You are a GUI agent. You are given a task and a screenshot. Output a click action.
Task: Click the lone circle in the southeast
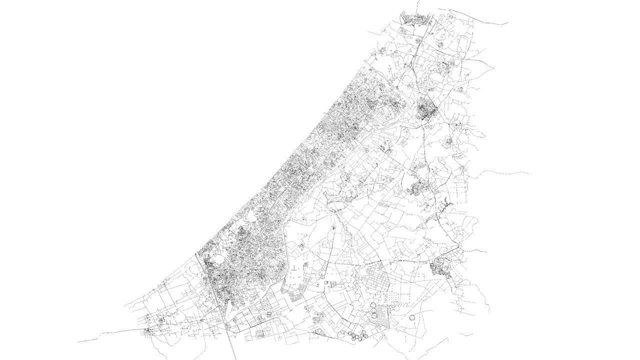[412, 317]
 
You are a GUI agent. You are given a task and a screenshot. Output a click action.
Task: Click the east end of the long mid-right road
[528, 173]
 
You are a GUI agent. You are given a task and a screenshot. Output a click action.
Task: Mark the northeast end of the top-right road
[507, 23]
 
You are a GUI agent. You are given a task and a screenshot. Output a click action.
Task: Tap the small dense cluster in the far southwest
[148, 330]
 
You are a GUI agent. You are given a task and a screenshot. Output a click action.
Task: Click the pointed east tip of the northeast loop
[484, 135]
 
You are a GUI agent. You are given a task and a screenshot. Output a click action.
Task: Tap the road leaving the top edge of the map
[417, 4]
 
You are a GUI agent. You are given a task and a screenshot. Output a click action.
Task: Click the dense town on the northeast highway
[426, 108]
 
